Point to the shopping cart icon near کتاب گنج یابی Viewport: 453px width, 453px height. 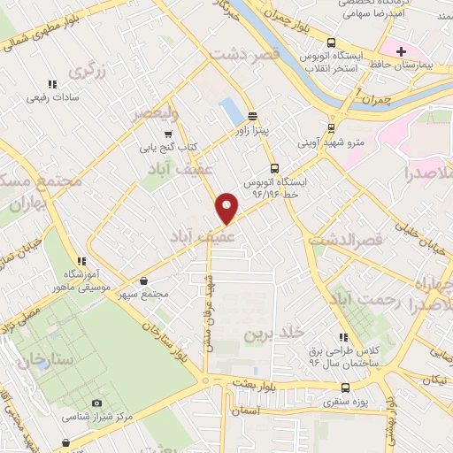click(x=168, y=133)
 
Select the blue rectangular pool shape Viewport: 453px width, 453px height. click(x=231, y=111)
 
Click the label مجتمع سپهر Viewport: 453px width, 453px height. click(x=143, y=293)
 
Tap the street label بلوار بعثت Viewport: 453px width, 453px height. click(x=257, y=382)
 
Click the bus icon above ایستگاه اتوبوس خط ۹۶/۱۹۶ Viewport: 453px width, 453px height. click(x=274, y=166)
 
